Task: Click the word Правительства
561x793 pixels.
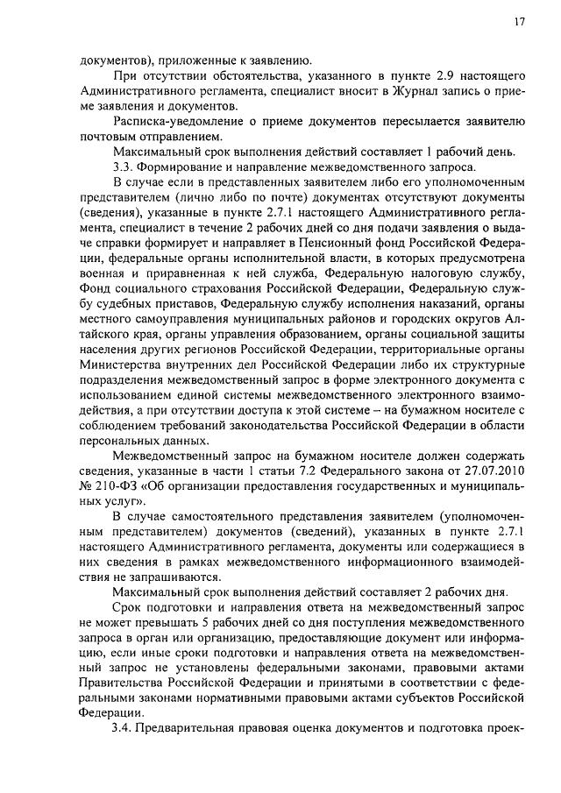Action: coord(123,678)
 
